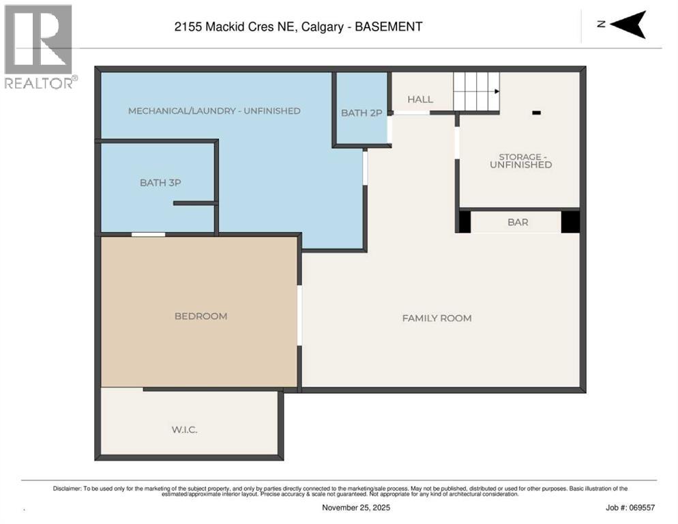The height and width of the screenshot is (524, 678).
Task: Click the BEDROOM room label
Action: [x=201, y=316]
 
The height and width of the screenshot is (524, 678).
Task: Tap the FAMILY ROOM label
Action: [x=437, y=318]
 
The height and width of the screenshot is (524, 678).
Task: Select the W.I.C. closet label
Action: [x=184, y=429]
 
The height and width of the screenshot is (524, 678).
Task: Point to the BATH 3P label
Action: [x=160, y=182]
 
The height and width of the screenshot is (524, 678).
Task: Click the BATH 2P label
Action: [x=362, y=113]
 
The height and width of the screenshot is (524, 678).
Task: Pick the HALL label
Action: [x=420, y=100]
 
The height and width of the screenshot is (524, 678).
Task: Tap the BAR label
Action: [x=518, y=222]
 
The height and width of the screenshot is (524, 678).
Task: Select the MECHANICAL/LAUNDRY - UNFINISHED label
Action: [x=214, y=111]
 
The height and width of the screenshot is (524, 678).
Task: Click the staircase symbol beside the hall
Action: [x=477, y=91]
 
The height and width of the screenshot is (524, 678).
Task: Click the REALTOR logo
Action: [x=39, y=46]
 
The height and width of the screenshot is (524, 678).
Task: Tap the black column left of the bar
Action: [x=465, y=222]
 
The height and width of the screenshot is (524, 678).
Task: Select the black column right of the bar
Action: [x=570, y=222]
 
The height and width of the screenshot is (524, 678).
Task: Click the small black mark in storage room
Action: [x=536, y=113]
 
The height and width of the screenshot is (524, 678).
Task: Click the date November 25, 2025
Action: [x=357, y=508]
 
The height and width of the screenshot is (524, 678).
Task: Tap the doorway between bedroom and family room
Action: [x=299, y=315]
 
